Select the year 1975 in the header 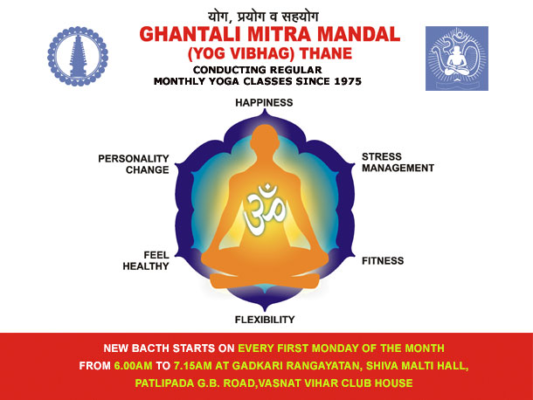(348, 81)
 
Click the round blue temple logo (78, 57)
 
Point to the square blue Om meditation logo (457, 59)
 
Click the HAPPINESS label (264, 103)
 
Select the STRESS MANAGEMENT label (398, 162)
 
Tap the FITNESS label (383, 261)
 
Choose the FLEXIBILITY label (265, 320)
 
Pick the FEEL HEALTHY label (146, 260)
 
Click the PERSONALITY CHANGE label (134, 164)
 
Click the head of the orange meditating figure (265, 137)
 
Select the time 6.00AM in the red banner (133, 366)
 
